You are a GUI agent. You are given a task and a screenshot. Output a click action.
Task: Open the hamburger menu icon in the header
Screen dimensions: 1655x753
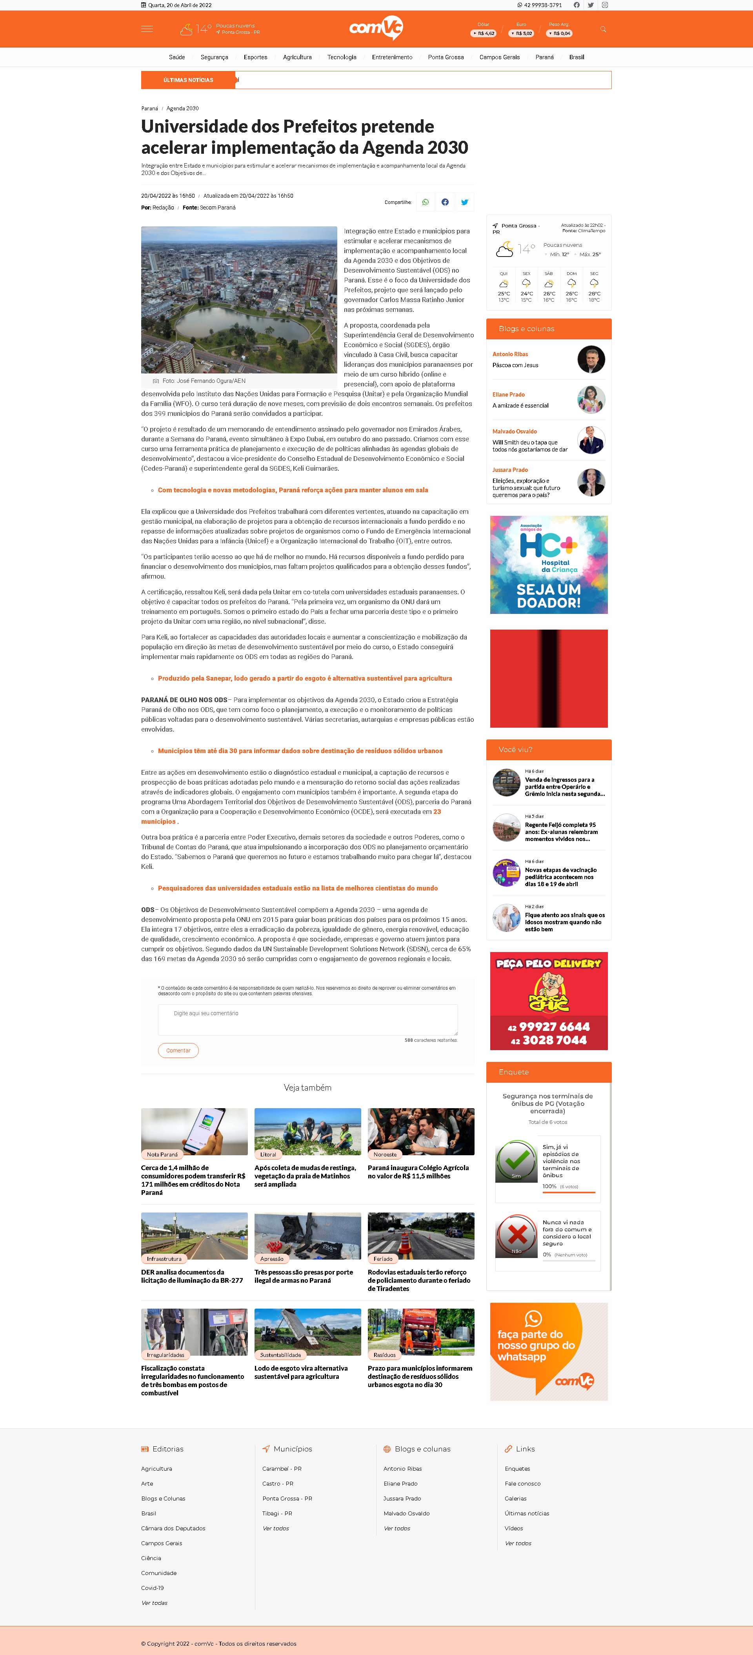coord(147,29)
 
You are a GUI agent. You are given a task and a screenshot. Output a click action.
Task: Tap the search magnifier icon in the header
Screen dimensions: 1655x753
coord(603,29)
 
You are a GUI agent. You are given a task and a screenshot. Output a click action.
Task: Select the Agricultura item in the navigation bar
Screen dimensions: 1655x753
coord(297,57)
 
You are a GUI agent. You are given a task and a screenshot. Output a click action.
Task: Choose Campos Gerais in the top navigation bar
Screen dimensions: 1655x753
coord(499,57)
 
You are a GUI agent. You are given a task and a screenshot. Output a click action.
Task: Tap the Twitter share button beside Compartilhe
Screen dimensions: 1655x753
coord(464,202)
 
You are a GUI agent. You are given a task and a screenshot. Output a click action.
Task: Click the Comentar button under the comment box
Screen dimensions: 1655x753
coord(178,1051)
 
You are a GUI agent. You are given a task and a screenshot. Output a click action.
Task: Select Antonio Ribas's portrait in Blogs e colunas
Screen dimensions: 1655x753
coord(591,359)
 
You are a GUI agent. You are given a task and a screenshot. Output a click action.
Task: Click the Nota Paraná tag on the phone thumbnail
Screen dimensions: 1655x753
coord(162,1154)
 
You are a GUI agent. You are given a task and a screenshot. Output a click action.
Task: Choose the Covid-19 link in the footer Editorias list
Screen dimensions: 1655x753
coord(152,1588)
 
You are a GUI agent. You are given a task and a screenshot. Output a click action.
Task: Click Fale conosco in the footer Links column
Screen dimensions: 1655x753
coord(522,1484)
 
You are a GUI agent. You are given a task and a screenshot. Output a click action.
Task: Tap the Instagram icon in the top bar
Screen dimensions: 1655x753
coord(605,5)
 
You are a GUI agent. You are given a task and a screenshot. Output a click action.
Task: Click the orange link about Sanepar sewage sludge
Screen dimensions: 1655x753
coord(305,679)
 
